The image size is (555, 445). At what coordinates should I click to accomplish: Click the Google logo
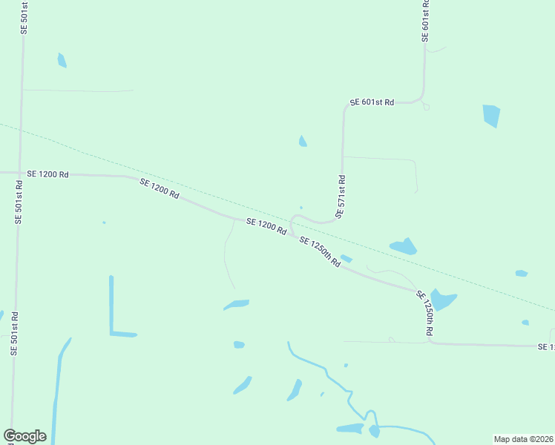[25, 436]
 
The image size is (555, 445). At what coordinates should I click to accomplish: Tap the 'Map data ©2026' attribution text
[524, 438]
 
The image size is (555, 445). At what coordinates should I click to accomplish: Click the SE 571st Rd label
[341, 197]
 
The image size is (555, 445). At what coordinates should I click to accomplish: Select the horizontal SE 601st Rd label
[372, 102]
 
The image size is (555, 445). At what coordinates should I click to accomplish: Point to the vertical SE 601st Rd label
[425, 20]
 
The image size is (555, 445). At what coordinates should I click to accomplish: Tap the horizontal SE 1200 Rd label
[47, 174]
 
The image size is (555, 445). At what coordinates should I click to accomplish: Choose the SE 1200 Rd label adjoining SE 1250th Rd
[266, 227]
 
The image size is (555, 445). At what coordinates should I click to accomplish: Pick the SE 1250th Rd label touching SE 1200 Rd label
[320, 251]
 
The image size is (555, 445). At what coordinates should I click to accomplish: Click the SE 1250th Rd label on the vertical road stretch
[424, 313]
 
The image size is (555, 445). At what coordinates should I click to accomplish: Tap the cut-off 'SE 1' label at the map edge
[546, 346]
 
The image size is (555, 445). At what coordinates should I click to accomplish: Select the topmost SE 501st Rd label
[24, 16]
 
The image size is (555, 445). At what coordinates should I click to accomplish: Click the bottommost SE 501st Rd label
[14, 334]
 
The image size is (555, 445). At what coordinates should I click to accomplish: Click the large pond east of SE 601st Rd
[491, 115]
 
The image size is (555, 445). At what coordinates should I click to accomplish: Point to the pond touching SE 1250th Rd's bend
[443, 299]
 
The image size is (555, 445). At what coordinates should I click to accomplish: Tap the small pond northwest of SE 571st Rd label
[303, 141]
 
